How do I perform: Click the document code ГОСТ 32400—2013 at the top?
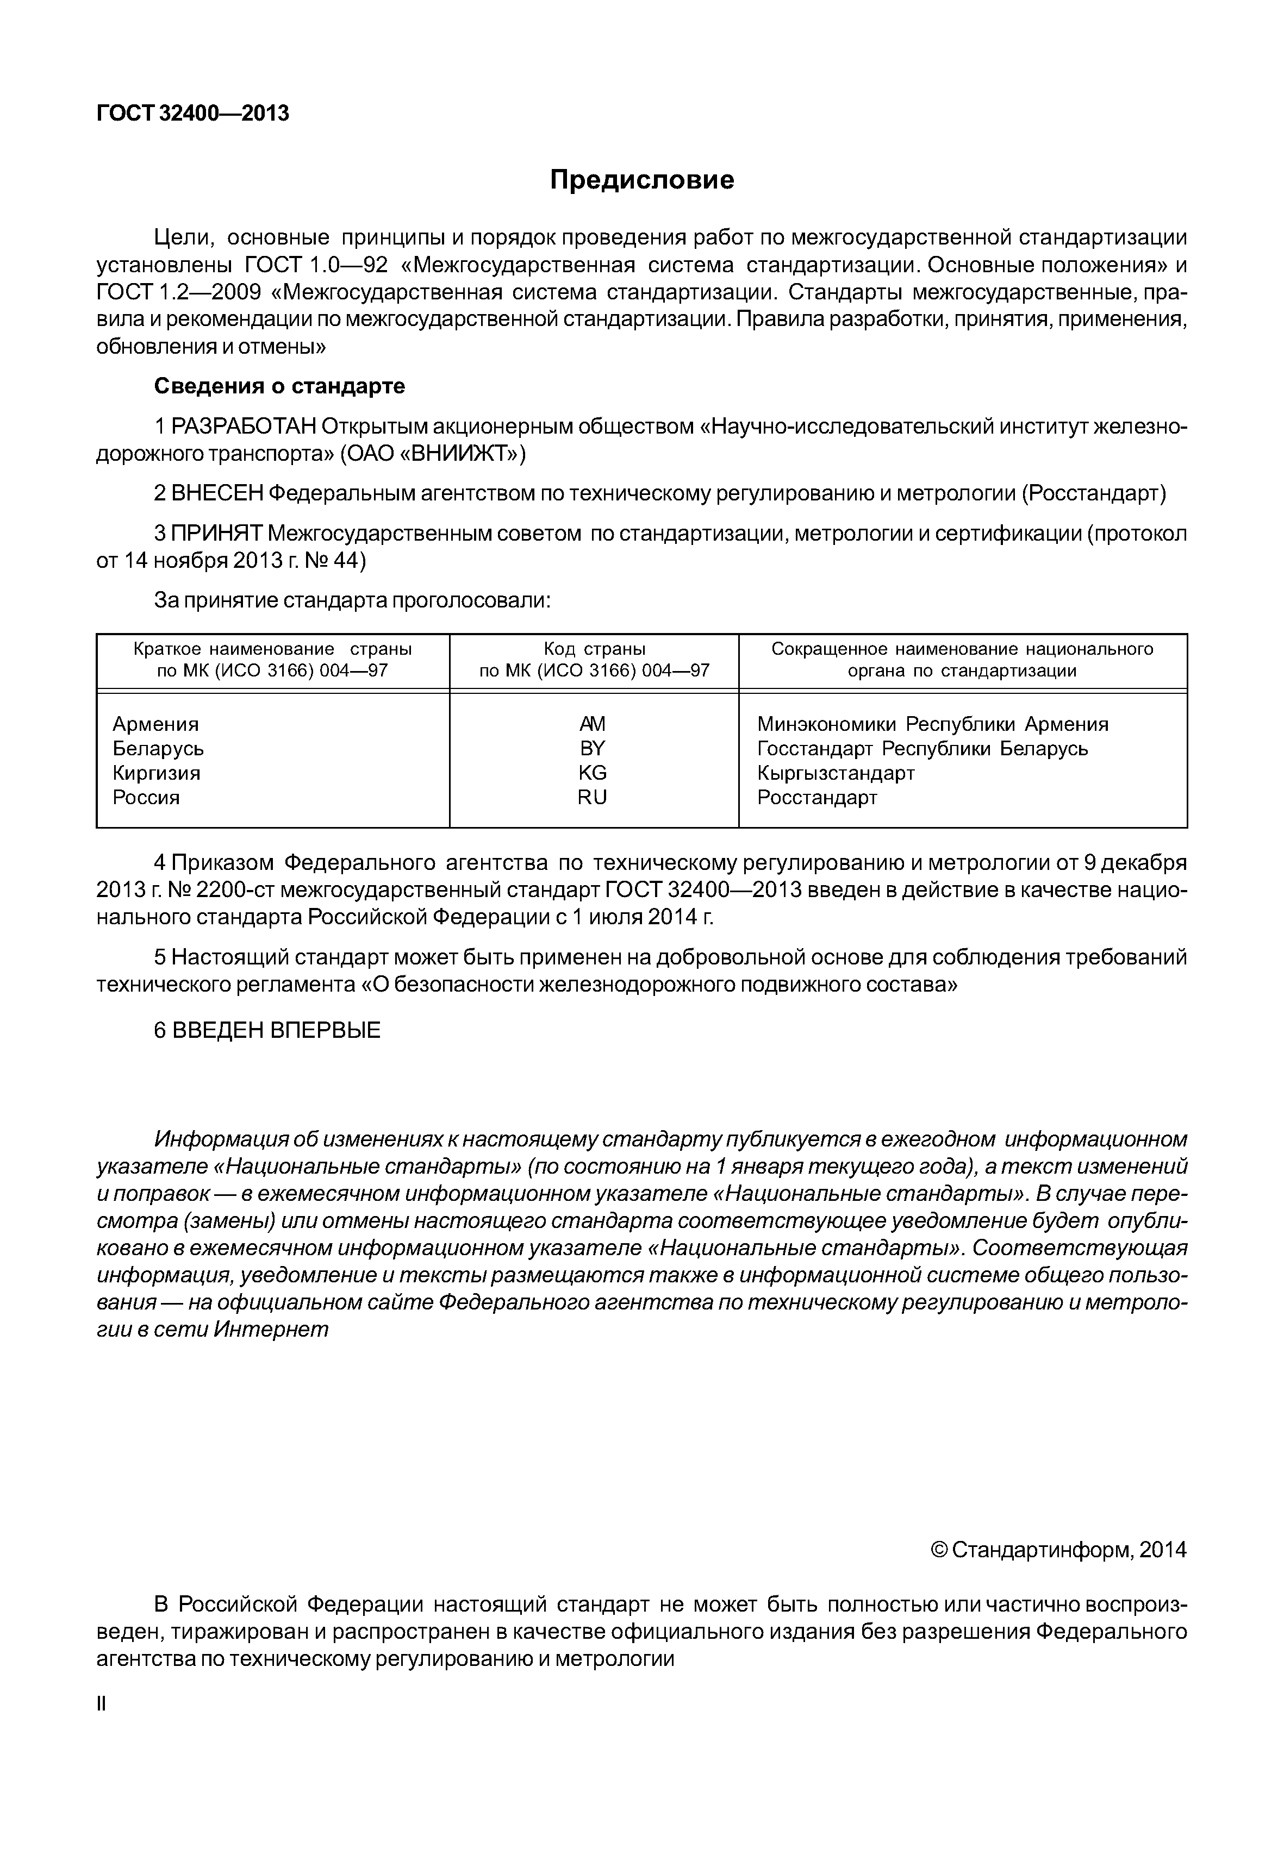tap(192, 114)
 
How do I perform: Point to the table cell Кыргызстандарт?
tap(836, 773)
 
